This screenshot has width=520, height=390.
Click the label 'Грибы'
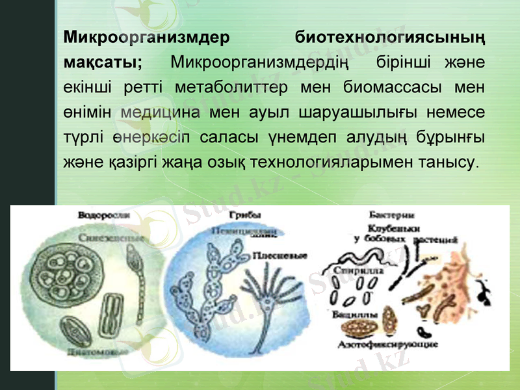(x=242, y=215)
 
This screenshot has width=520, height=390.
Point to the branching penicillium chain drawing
(x=214, y=286)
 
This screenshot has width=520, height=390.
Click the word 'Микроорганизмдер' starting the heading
(x=146, y=36)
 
